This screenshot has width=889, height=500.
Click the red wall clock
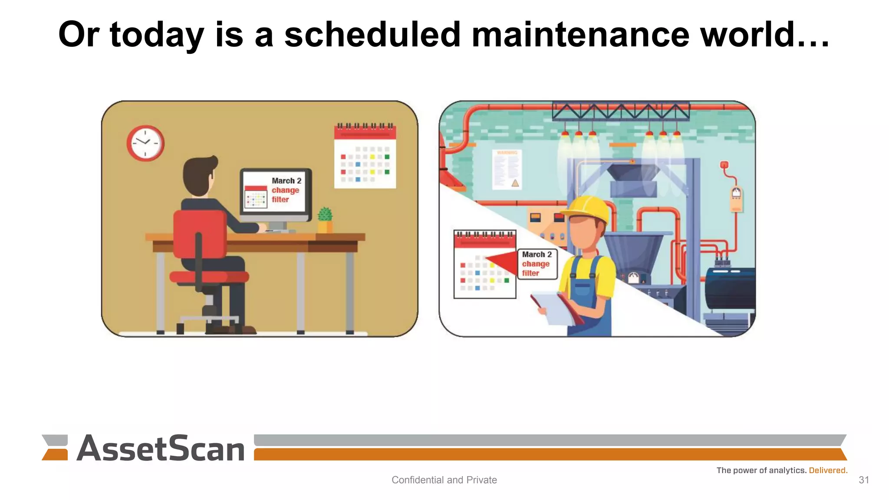[145, 143]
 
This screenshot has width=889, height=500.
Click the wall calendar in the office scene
[365, 157]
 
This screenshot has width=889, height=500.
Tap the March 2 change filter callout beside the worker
[537, 264]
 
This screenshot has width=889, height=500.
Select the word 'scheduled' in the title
[372, 35]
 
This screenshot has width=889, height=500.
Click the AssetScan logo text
[161, 449]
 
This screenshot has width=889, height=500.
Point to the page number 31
[863, 480]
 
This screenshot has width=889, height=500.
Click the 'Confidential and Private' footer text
[444, 480]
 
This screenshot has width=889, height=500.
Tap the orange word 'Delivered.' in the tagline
[828, 470]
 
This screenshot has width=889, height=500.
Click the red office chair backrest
[199, 234]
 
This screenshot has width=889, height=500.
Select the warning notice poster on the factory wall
[507, 169]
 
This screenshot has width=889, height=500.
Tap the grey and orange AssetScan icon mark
[55, 447]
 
